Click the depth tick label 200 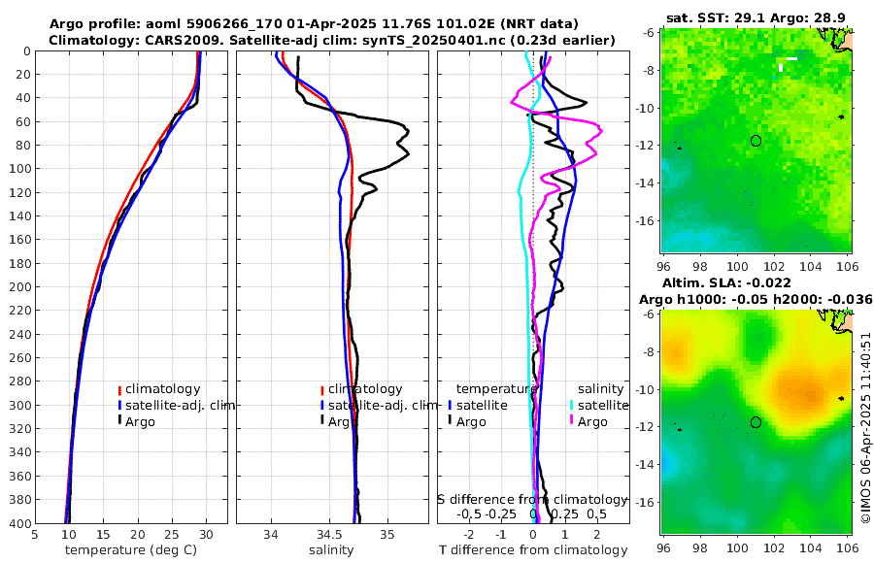point(17,287)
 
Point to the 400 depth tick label point(17,523)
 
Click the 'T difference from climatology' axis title point(534,550)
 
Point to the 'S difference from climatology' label point(532,499)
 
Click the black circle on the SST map point(756,141)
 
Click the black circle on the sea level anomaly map point(756,422)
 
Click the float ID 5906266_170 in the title point(228,23)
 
